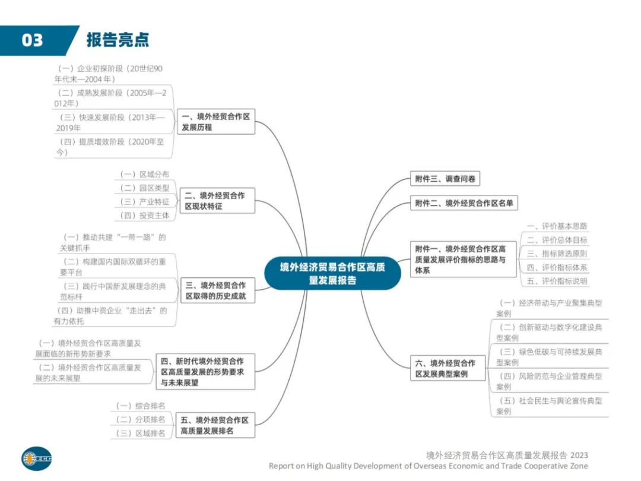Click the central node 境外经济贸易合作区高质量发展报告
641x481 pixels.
(332, 273)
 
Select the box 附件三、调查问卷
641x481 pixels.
(445, 179)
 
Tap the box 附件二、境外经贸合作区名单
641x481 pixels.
(464, 203)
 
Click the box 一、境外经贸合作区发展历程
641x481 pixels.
(216, 122)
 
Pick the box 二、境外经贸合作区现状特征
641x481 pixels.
(217, 201)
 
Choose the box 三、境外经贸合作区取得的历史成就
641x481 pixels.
(218, 290)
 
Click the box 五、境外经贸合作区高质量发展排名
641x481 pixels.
(215, 425)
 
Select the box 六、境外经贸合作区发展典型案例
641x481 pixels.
(448, 368)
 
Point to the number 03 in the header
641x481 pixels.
(32, 40)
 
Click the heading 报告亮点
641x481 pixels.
(118, 40)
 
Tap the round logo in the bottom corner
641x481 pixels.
(37, 458)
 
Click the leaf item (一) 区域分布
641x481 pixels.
(145, 174)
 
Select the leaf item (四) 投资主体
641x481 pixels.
(145, 215)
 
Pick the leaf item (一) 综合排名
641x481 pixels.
(141, 406)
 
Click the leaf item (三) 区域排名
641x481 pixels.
(141, 433)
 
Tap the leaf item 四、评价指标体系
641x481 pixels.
(557, 267)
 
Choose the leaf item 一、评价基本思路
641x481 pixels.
(557, 226)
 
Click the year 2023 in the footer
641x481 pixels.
(579, 455)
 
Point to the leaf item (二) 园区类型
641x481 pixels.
(145, 188)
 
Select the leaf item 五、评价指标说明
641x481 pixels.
(557, 281)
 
